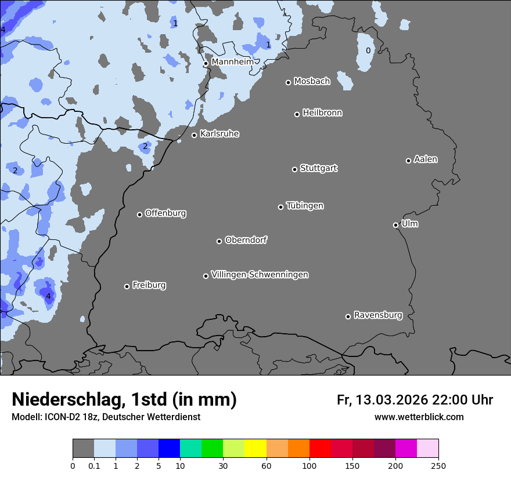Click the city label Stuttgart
tap(318, 169)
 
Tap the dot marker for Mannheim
tap(206, 64)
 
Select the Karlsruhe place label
tap(219, 134)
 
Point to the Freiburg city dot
tap(127, 286)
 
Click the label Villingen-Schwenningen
tap(260, 275)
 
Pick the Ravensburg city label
tap(378, 315)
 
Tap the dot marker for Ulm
tap(395, 225)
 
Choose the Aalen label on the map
tap(426, 159)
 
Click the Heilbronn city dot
tap(297, 114)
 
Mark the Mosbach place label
tap(312, 82)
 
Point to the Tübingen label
tap(305, 206)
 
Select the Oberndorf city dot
tap(219, 241)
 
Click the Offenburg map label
tap(165, 213)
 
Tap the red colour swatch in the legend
tap(320, 449)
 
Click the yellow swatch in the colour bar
tap(255, 449)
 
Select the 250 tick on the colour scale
tap(438, 465)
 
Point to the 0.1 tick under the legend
tap(94, 465)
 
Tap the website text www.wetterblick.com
tap(419, 417)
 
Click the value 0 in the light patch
tap(368, 50)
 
